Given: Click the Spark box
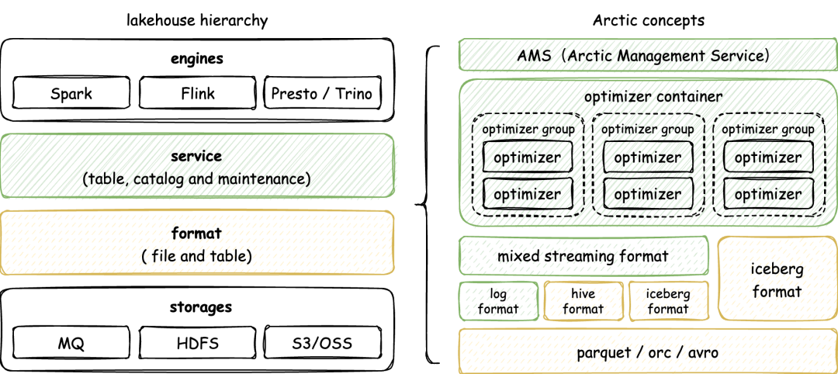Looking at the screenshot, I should tap(71, 95).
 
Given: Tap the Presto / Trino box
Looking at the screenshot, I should tap(323, 95).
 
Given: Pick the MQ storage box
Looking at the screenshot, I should tap(71, 342).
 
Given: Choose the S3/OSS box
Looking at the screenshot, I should tap(323, 342).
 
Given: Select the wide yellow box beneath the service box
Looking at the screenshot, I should tap(197, 242).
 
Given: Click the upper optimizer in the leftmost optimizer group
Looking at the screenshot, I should tap(528, 158).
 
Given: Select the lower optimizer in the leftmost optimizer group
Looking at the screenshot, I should tap(528, 194).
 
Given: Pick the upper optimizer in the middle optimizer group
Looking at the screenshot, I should tap(648, 158).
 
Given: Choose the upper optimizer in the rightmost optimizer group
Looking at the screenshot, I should tap(768, 158).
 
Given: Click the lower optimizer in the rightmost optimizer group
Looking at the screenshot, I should tap(768, 194).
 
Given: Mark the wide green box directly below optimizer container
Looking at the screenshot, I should tap(583, 255).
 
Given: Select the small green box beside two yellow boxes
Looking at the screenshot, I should tap(499, 301).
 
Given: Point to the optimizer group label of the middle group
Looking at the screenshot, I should tap(648, 128).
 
